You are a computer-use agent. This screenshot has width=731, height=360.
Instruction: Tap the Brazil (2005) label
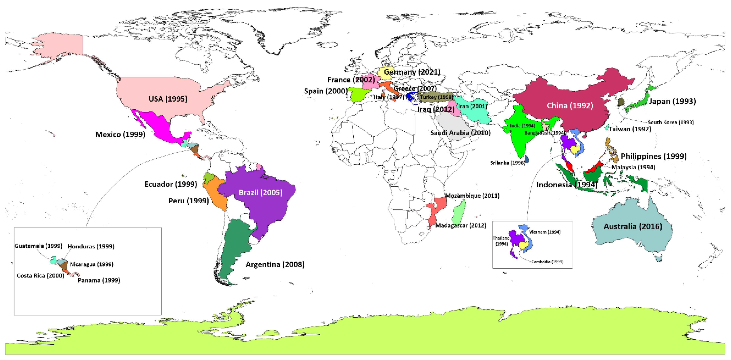260,193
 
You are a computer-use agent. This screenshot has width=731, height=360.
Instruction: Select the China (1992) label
570,105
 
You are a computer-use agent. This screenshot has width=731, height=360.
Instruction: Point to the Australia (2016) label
633,226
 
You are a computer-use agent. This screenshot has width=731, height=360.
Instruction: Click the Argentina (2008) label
275,264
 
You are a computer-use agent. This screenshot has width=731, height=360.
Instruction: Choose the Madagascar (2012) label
461,225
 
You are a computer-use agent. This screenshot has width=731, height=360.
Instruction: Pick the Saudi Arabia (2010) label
460,133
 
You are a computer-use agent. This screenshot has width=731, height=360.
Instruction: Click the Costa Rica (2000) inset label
41,275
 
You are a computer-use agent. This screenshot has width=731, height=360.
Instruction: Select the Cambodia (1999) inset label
547,262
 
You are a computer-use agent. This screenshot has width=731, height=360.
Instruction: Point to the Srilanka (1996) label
507,163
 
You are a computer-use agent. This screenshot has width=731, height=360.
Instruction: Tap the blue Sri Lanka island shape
527,159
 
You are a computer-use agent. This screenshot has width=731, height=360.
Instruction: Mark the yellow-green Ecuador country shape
209,178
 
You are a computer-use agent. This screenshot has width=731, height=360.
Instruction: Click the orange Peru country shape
216,193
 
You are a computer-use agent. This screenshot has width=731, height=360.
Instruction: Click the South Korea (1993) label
670,122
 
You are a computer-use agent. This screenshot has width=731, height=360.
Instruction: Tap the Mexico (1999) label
120,135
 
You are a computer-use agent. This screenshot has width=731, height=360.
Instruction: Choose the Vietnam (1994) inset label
545,232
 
